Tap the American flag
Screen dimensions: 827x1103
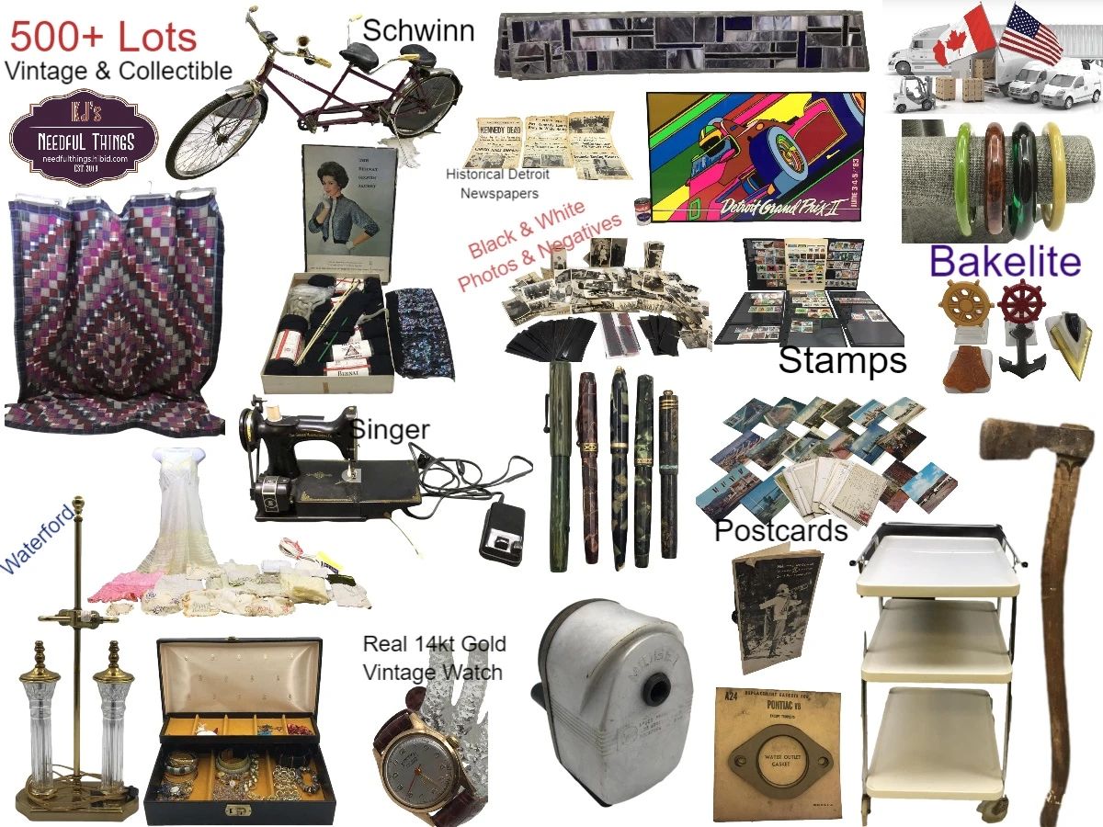[x=1031, y=33]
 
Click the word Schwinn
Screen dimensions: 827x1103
[x=418, y=30]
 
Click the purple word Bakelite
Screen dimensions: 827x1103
[x=1005, y=263]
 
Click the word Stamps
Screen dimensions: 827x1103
[x=842, y=360]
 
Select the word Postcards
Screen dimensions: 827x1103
[x=780, y=530]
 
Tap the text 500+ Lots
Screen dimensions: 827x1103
[x=103, y=38]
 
